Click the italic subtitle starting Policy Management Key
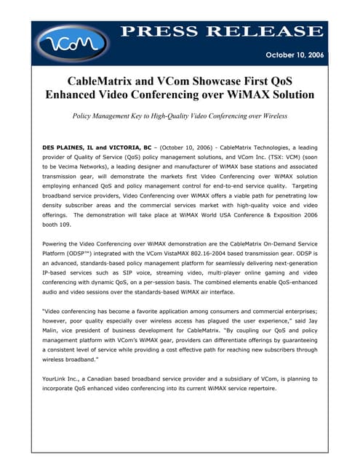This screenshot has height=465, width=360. [x=180, y=116]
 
